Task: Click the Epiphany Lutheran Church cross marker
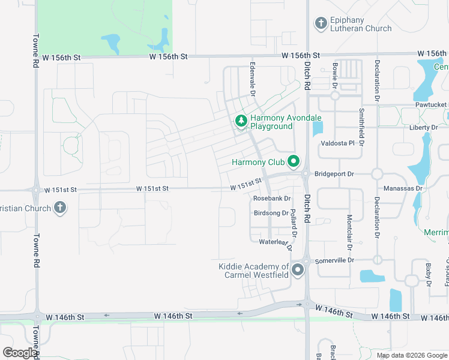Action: (321, 23)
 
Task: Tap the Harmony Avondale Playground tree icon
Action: (241, 122)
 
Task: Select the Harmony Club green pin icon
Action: (294, 161)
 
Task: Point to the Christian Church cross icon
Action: (59, 208)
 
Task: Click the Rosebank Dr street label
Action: (272, 198)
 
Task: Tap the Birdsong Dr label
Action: (271, 213)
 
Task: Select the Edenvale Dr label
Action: (253, 80)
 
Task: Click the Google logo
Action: (20, 353)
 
